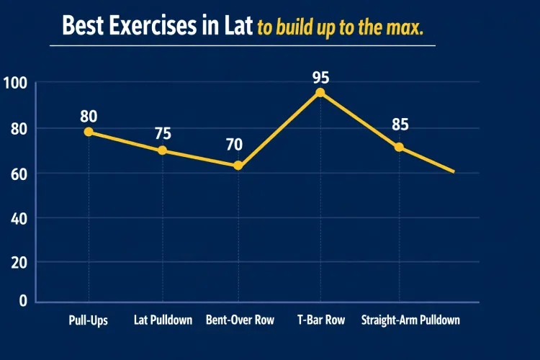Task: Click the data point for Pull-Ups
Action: tap(89, 132)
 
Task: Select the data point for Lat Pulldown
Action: tap(162, 150)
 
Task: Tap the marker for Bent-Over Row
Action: tap(238, 166)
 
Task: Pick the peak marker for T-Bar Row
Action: tap(320, 92)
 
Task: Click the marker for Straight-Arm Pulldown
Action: tap(399, 147)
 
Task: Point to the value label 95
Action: tap(321, 76)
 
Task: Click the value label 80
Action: tap(89, 116)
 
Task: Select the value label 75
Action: tap(163, 134)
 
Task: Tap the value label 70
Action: tap(234, 145)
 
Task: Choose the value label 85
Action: tap(400, 125)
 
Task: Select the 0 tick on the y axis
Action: tap(22, 301)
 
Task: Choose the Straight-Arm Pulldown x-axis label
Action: tap(410, 320)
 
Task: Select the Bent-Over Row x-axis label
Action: tap(240, 320)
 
